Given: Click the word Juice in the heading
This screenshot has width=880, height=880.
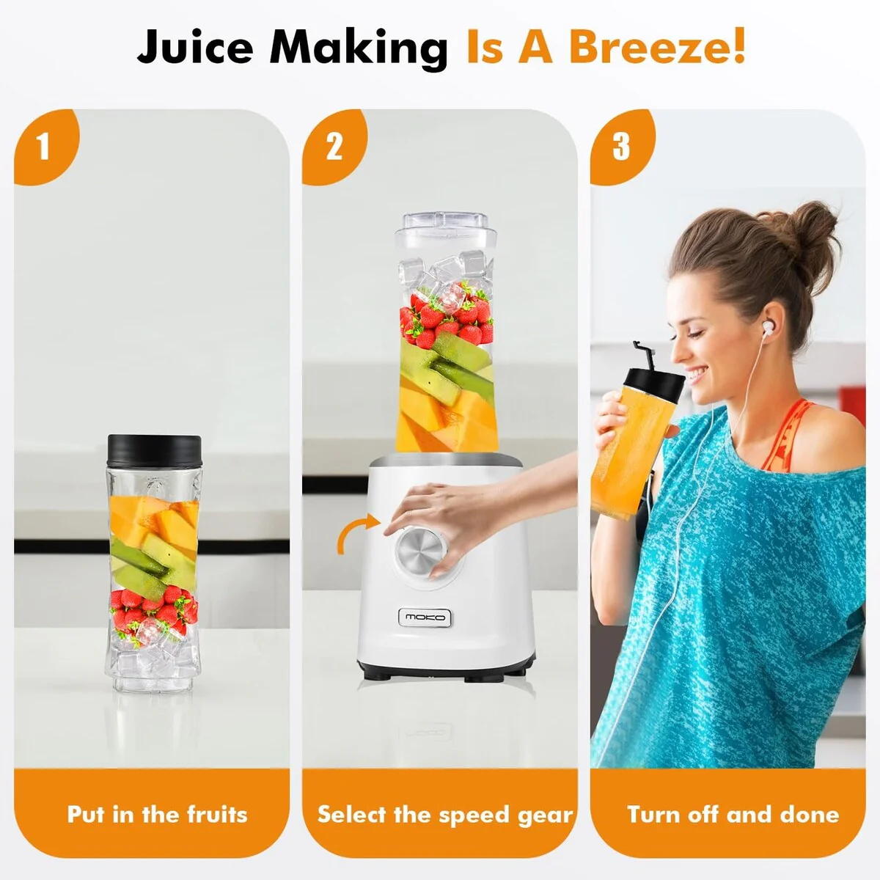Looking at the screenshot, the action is click(x=195, y=47).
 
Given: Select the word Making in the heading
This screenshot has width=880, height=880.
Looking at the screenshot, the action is click(x=359, y=49).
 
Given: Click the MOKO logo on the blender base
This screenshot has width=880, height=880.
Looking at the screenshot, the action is click(x=425, y=617).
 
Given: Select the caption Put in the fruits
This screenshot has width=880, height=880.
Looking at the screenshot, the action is click(x=157, y=814).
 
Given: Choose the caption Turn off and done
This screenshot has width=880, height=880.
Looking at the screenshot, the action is click(x=733, y=814).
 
